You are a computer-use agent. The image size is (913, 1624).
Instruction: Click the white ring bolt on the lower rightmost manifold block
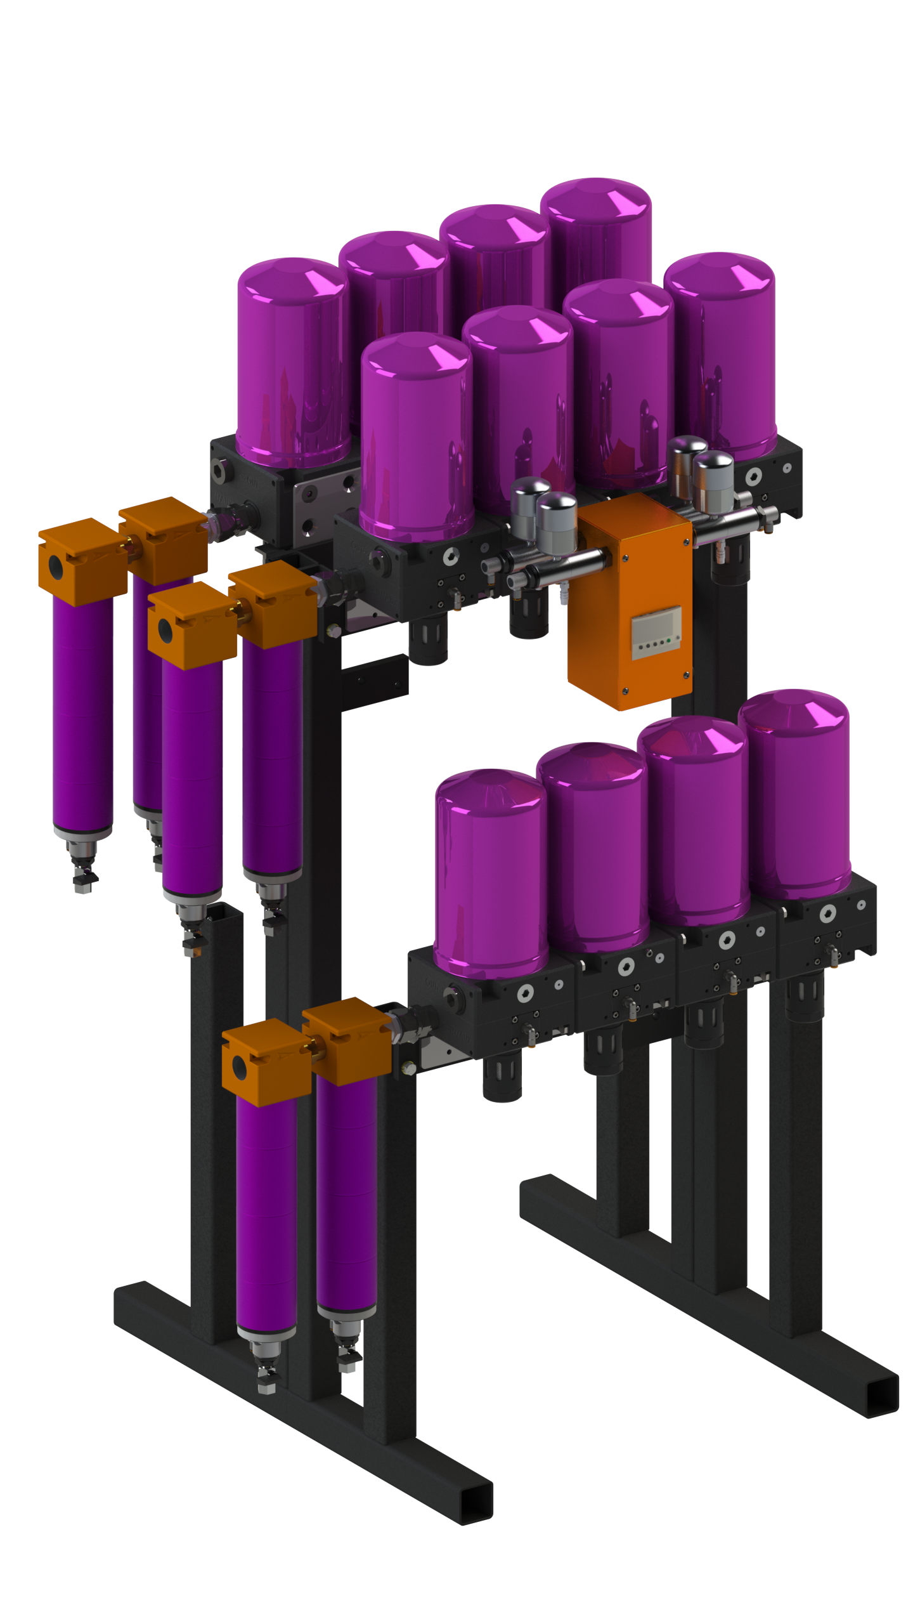(x=827, y=913)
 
